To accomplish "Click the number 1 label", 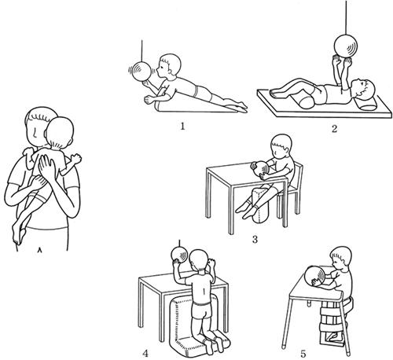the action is (x=182, y=127).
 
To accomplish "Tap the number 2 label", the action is (x=334, y=129).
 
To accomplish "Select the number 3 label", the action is (x=255, y=240).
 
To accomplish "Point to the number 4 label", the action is (x=145, y=354).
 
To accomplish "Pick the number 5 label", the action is (x=303, y=354).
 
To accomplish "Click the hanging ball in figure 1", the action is (x=141, y=71).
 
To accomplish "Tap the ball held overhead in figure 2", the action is (x=346, y=47).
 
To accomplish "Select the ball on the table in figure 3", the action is (x=262, y=170).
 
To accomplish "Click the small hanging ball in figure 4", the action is (x=180, y=255).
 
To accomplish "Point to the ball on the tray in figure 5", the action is (x=315, y=275).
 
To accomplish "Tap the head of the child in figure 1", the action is (x=171, y=64).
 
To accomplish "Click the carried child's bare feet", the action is (x=18, y=234).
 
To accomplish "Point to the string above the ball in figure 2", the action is (x=347, y=18).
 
